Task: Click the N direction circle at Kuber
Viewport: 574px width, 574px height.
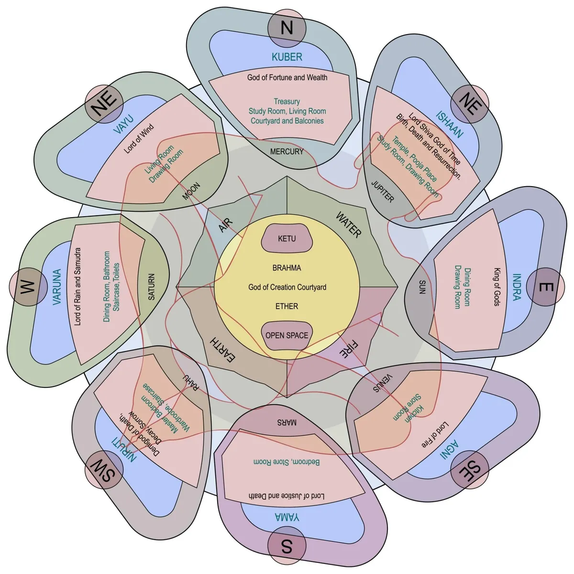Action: (287, 28)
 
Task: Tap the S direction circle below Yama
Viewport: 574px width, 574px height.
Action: (287, 546)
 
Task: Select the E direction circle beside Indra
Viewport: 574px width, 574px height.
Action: (546, 287)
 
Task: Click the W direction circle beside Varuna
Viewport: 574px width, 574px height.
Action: (28, 287)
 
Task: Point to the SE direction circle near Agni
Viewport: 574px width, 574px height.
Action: (470, 470)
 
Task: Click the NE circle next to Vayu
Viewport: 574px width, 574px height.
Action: (104, 104)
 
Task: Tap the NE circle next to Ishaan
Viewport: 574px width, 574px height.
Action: (470, 104)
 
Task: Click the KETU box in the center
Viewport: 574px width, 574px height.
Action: (287, 238)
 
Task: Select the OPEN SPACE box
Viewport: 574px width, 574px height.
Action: (287, 335)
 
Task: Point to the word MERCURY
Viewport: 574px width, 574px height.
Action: (287, 152)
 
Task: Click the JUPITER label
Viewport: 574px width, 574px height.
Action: (383, 191)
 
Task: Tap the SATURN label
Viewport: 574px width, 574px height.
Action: (152, 287)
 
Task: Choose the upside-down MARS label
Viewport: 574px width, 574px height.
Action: (287, 423)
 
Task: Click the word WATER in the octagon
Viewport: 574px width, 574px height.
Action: (348, 225)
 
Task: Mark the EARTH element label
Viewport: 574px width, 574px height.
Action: (222, 350)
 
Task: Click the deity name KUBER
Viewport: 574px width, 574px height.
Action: (287, 57)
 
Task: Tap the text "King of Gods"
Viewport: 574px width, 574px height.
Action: (497, 287)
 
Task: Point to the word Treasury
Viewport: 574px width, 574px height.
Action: (287, 101)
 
